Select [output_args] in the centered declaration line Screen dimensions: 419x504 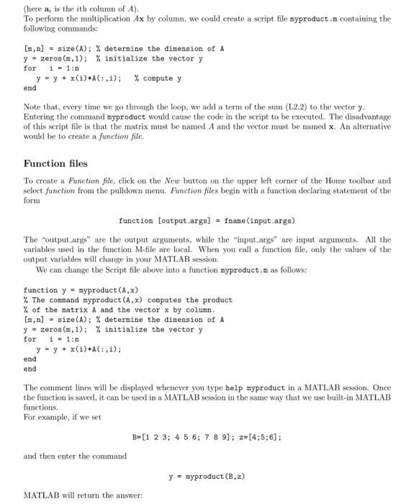[183, 220]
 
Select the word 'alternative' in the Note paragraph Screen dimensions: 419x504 [369, 126]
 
